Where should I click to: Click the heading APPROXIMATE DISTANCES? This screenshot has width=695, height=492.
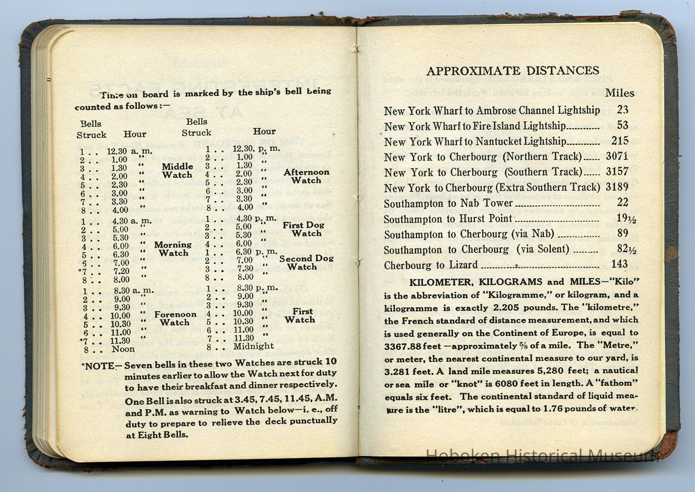click(x=513, y=71)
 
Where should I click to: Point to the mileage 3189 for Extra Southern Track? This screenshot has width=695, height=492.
click(x=616, y=187)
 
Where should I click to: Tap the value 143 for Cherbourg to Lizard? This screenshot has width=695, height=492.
click(x=619, y=264)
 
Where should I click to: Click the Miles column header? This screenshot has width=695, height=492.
click(x=619, y=93)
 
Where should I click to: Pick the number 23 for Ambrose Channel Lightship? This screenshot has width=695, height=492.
click(x=623, y=110)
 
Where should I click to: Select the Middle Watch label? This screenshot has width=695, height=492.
click(x=177, y=170)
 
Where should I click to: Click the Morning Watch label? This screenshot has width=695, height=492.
click(x=173, y=249)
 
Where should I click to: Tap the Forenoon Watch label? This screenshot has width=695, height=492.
click(x=175, y=318)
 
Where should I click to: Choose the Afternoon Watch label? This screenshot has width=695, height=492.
click(x=306, y=176)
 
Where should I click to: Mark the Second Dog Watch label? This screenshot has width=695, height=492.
click(x=306, y=263)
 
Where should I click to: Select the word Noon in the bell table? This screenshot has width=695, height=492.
click(x=123, y=349)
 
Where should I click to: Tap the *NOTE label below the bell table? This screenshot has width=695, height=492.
click(x=101, y=366)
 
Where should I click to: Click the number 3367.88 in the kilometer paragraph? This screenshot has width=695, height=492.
click(x=407, y=346)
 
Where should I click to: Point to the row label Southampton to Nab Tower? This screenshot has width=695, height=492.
click(x=448, y=203)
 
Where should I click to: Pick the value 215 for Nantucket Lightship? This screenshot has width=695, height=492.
click(x=619, y=141)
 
